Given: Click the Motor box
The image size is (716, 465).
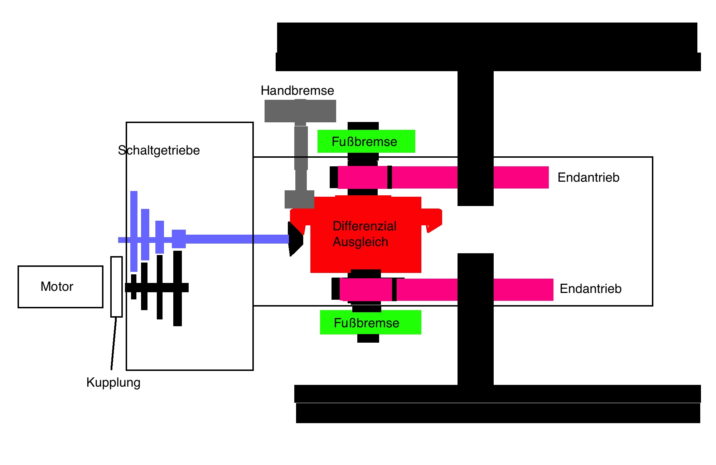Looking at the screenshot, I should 60,287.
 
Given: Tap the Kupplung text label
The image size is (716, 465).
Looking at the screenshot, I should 113,382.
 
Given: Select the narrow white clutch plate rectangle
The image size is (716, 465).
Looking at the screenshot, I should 116,287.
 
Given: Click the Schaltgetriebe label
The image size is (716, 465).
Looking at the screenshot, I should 159,150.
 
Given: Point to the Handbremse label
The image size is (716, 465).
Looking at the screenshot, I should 297,90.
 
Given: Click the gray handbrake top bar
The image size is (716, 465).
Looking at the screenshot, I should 300,111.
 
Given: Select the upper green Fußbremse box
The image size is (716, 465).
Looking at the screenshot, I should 366,141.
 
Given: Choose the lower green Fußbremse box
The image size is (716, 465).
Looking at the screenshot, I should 370,322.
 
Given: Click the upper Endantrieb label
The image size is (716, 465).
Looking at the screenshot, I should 588,177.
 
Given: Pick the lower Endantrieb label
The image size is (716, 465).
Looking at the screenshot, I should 590,289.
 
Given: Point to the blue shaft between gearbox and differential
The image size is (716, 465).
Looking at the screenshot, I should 236,239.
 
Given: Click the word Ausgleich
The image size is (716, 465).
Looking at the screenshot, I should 360,242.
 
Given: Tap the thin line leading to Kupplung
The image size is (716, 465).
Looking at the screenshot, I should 114,343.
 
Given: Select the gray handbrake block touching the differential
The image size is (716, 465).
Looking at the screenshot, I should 299,199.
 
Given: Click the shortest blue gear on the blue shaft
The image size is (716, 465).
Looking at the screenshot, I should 179,239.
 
